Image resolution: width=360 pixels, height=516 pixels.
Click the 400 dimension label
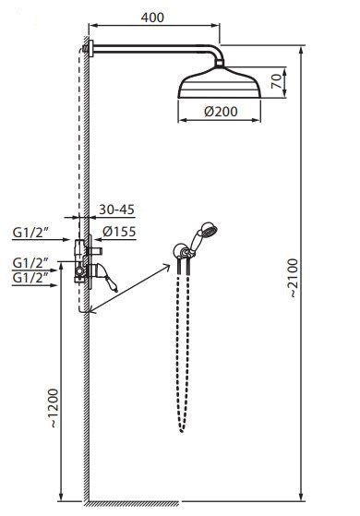pos(152,18)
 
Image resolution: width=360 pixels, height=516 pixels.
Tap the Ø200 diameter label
pos(221,112)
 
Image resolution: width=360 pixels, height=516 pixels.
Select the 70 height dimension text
pos(277,81)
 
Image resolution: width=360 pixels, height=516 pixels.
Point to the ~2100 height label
pos(293,279)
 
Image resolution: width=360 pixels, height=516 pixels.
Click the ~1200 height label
pos(54,408)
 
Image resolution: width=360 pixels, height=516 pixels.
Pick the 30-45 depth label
pos(117,210)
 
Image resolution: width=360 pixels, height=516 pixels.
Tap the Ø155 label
pos(119,232)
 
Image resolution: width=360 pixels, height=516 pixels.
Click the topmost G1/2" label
pos(30,233)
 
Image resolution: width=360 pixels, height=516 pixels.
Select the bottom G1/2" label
pos(30,278)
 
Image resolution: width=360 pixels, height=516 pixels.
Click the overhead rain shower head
pos(220,82)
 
